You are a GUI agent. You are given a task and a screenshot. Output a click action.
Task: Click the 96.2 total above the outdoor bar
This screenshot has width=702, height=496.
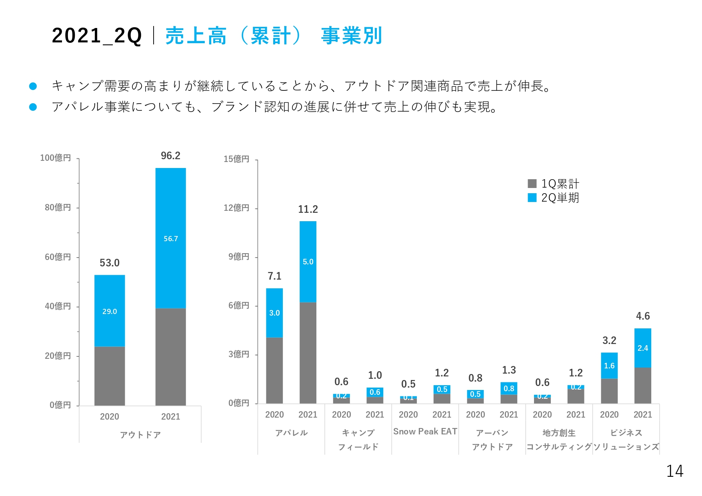(170, 156)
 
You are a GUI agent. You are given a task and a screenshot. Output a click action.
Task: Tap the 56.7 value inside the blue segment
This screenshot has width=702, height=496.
(170, 239)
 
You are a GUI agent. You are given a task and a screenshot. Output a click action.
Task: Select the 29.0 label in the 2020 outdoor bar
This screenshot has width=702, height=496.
(109, 311)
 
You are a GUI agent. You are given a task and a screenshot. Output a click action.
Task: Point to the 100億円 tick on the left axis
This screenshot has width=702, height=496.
(56, 158)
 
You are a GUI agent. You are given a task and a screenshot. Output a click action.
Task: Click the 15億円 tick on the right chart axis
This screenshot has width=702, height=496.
(236, 159)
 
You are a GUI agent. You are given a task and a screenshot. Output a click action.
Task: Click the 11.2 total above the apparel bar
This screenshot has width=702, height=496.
(308, 209)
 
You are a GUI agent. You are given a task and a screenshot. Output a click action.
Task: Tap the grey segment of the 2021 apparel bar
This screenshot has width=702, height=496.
(308, 352)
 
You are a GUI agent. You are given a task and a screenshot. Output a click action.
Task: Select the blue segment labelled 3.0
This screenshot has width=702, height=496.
(274, 313)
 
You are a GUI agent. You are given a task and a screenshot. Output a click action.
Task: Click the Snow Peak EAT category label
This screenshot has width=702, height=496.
(425, 432)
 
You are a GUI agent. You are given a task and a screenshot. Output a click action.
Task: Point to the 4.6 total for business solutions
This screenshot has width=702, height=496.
(643, 316)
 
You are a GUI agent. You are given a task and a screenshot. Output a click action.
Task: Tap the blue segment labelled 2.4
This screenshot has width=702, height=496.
(643, 348)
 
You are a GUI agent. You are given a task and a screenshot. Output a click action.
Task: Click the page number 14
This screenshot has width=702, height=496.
(675, 472)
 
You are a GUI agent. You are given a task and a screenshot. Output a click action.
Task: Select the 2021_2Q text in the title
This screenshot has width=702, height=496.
(97, 36)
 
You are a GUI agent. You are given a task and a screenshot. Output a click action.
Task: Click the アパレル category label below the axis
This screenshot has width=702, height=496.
(291, 433)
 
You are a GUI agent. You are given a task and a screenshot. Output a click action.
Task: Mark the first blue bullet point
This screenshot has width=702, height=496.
(33, 86)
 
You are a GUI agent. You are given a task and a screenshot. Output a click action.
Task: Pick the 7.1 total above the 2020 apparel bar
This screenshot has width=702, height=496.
(274, 276)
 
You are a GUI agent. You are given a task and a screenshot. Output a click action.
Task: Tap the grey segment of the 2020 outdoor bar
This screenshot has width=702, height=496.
(109, 376)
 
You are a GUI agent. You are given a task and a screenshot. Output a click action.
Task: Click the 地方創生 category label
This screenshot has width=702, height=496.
(559, 433)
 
